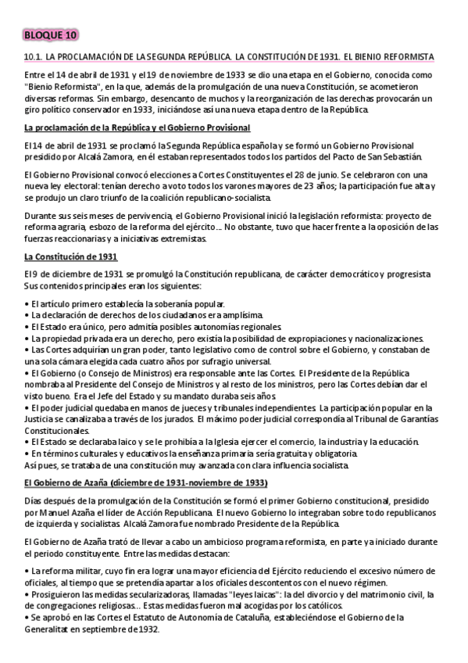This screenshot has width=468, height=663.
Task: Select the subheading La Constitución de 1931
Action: [x=71, y=257]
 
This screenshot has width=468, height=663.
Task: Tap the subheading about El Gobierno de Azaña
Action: [x=146, y=483]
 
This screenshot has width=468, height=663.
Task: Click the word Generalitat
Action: [x=52, y=627]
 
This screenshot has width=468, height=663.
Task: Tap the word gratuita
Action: [x=293, y=453]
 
